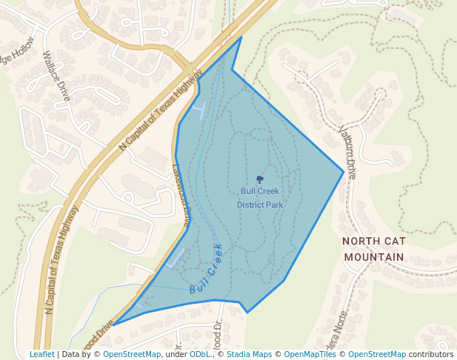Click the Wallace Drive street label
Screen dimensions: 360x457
point(56,77)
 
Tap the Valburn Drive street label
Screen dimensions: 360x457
point(347,151)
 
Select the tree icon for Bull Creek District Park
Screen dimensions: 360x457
point(259,179)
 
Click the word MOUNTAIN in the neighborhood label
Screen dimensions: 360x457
point(373,257)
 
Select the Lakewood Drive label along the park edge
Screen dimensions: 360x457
point(182,194)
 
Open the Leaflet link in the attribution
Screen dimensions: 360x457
point(42,354)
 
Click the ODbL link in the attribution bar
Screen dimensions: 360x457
point(201,354)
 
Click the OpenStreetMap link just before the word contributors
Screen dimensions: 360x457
point(377,354)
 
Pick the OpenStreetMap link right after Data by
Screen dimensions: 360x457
point(132,354)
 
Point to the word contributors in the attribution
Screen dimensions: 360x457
point(431,354)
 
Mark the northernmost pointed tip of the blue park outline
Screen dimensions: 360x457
point(241,37)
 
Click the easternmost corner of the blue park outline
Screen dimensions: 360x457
point(344,172)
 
